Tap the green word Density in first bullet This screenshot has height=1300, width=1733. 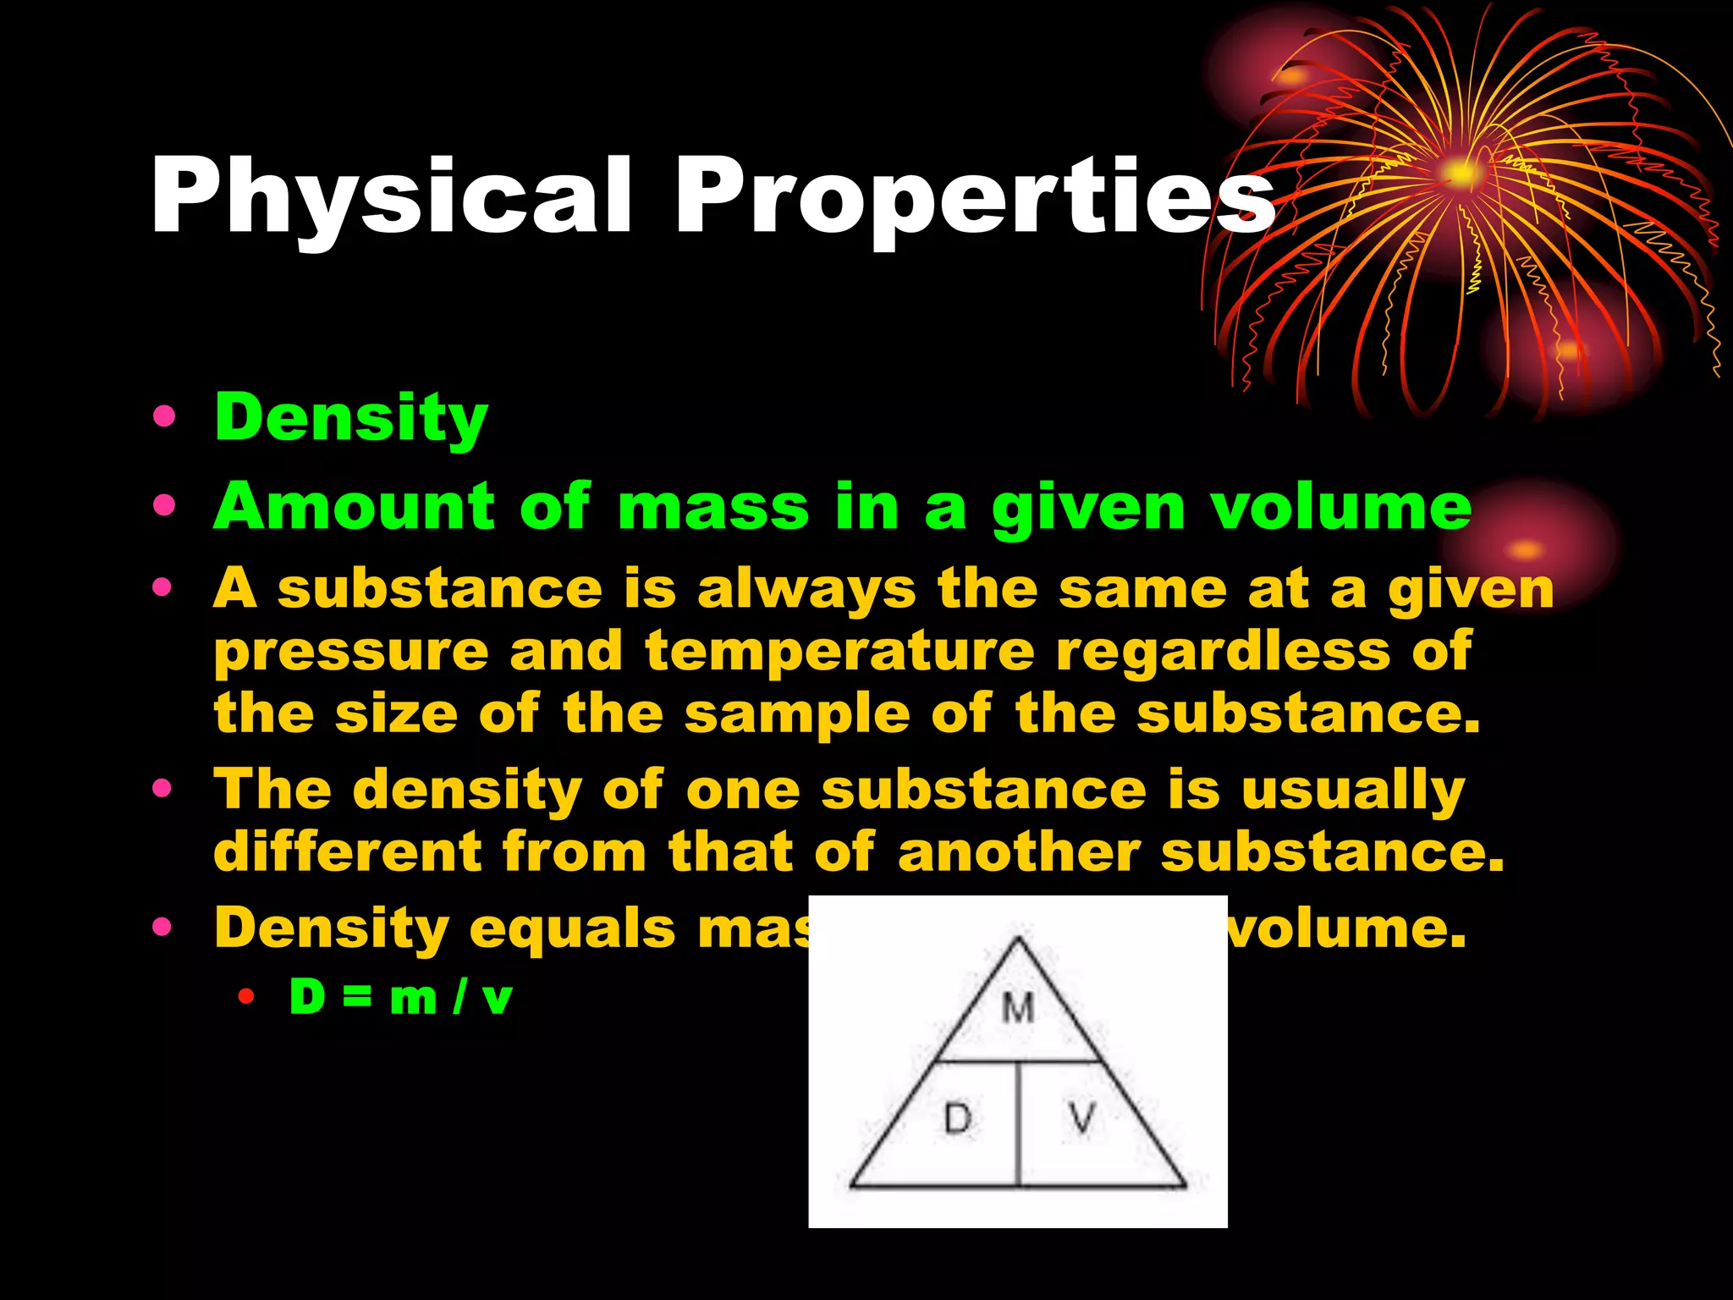[x=351, y=418]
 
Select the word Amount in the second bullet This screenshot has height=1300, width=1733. [x=354, y=506]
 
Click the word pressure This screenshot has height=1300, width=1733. [x=351, y=653]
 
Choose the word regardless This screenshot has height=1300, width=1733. [x=1224, y=651]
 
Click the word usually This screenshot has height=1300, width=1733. [x=1353, y=790]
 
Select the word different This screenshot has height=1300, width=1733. [x=348, y=851]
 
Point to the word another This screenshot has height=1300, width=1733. [x=1020, y=851]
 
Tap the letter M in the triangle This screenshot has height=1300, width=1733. [x=1018, y=1008]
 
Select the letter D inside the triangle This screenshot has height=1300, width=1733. [x=958, y=1119]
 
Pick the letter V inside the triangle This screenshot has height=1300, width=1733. [x=1082, y=1119]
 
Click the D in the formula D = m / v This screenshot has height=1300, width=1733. [x=307, y=997]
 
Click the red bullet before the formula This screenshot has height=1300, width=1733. [x=246, y=997]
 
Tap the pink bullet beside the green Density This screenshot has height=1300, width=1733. [x=164, y=417]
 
